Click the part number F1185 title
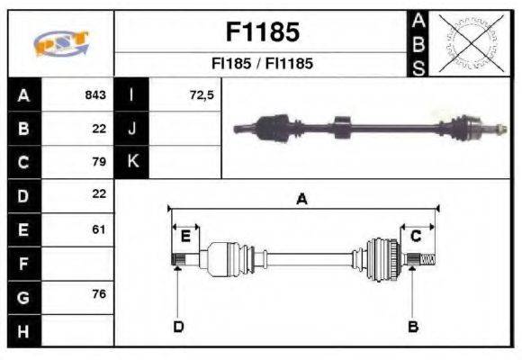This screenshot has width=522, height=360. [261, 32]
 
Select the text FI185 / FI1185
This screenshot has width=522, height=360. [261, 64]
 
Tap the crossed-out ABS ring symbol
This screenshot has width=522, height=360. [467, 43]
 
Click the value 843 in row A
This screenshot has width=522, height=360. [94, 95]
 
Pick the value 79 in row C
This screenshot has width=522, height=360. [99, 162]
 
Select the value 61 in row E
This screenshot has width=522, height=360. [99, 229]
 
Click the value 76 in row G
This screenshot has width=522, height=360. [99, 295]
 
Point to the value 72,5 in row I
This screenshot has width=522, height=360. [201, 95]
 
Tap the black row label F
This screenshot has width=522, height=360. [24, 263]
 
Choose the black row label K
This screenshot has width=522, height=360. [131, 162]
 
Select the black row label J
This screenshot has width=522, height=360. [131, 129]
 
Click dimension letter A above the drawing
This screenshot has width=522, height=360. [302, 199]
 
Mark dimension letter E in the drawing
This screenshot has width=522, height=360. [185, 237]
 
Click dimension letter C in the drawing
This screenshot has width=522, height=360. [415, 237]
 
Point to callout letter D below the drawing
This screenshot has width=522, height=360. [178, 326]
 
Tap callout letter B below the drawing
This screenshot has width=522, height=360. [413, 326]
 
